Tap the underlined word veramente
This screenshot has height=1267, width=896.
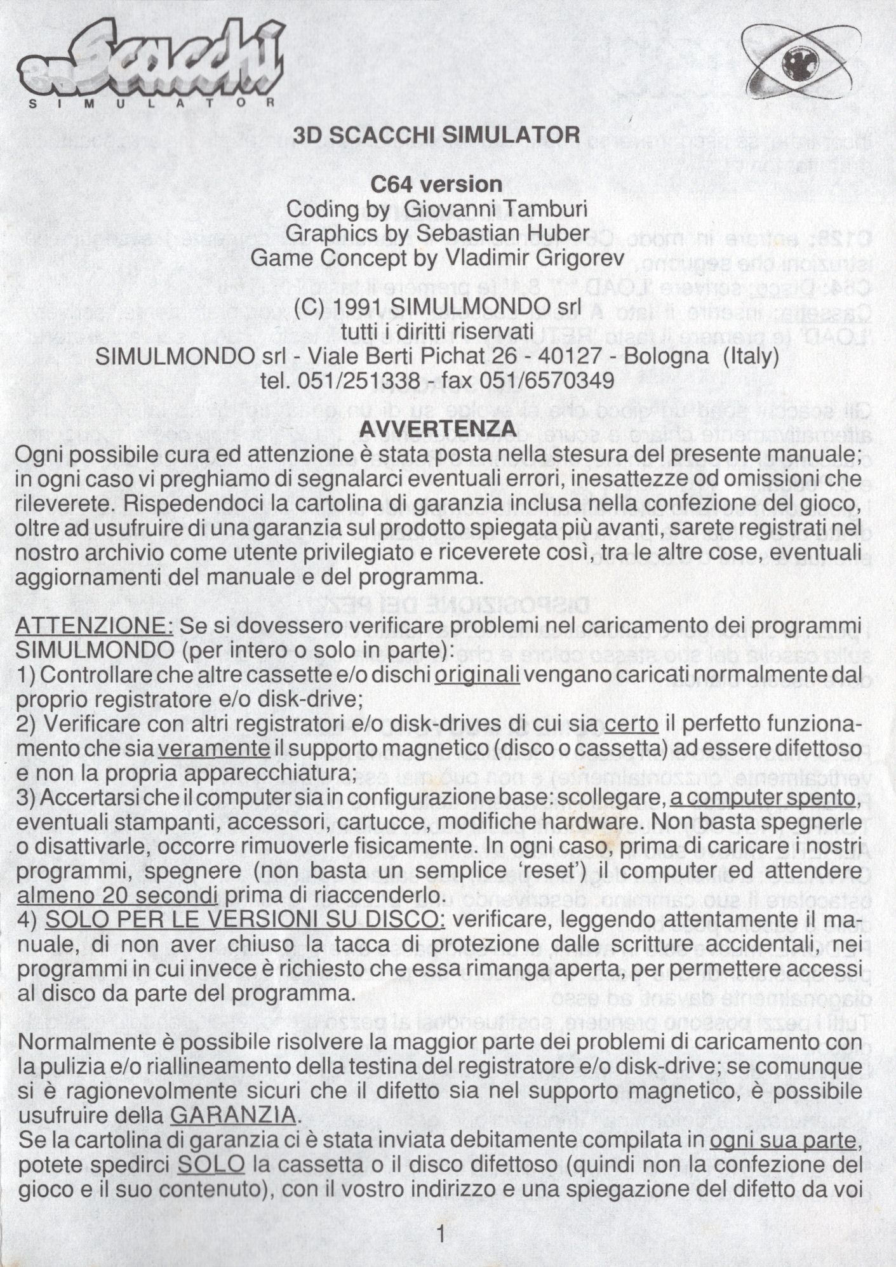pyautogui.click(x=214, y=749)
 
